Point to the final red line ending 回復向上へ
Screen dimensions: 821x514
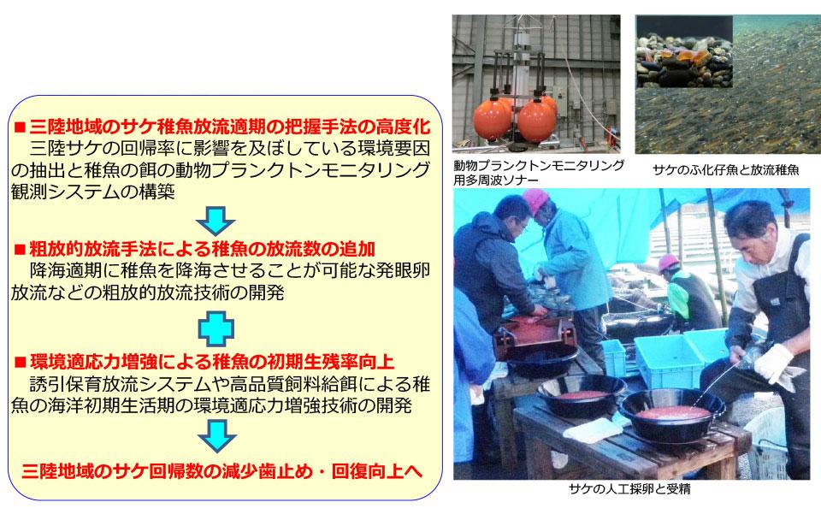(221, 471)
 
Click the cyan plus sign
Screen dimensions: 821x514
(216, 328)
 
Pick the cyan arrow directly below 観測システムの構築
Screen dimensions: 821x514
(216, 221)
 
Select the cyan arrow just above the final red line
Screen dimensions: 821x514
(216, 436)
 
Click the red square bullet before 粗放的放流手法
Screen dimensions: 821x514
(20, 249)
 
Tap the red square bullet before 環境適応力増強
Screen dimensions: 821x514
(20, 363)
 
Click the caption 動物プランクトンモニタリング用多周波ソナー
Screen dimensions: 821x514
(538, 173)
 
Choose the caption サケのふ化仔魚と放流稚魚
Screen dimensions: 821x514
(726, 169)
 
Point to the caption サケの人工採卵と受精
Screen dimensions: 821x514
(629, 489)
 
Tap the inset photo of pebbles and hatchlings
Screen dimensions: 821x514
(684, 52)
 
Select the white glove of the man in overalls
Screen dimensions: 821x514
(774, 363)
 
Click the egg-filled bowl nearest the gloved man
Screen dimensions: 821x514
(672, 413)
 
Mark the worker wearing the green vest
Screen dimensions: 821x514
(687, 295)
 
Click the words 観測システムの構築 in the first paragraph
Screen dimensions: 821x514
(92, 192)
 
